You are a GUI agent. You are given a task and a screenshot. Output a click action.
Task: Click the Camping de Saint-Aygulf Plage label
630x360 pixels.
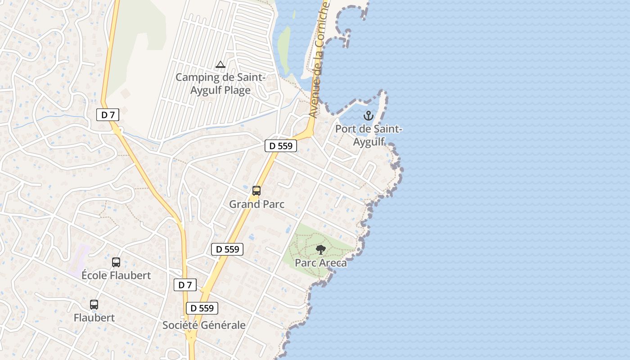click(x=220, y=84)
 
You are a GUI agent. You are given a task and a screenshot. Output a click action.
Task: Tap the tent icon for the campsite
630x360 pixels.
click(x=220, y=65)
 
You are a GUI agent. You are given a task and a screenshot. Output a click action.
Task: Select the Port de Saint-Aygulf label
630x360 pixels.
click(x=369, y=135)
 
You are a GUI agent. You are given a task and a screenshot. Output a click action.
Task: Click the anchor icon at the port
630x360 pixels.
click(x=369, y=116)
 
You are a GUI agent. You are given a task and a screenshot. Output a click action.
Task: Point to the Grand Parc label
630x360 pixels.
click(x=257, y=204)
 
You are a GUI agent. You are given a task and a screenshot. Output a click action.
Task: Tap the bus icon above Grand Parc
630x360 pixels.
click(x=256, y=191)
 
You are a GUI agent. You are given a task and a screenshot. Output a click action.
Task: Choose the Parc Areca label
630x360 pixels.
click(x=321, y=263)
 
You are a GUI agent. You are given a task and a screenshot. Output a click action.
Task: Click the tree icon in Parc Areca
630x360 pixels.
click(x=321, y=250)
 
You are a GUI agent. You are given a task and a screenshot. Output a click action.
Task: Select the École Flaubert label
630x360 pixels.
click(x=116, y=275)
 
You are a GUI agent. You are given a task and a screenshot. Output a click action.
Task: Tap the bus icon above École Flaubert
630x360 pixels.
click(x=116, y=262)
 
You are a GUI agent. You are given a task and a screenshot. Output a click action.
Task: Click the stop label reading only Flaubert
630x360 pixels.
click(x=94, y=318)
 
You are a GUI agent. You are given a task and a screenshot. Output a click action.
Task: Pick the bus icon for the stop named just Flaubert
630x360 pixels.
click(x=94, y=305)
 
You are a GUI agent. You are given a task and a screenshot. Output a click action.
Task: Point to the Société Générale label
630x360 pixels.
click(x=204, y=325)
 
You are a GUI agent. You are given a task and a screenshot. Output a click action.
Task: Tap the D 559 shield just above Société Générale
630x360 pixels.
click(x=202, y=308)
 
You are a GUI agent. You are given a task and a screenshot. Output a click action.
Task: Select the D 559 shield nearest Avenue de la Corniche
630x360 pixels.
click(x=280, y=146)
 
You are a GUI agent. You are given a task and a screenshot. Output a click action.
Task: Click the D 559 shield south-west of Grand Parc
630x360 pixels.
click(x=227, y=249)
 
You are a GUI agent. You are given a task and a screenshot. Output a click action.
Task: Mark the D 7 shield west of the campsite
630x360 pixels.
click(x=108, y=115)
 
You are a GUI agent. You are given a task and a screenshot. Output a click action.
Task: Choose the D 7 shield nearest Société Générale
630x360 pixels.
click(x=185, y=285)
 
